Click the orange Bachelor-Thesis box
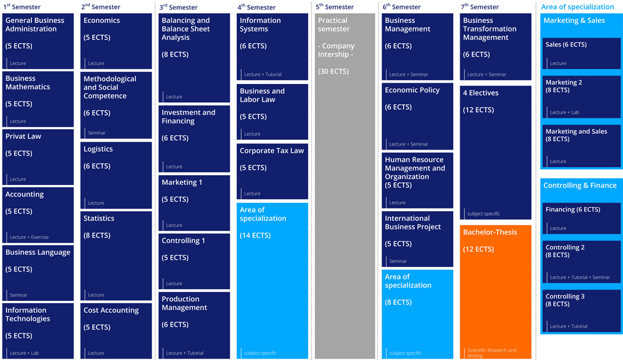click(x=495, y=292)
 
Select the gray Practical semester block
click(x=345, y=186)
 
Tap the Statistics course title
click(x=99, y=218)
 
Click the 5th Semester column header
click(x=334, y=7)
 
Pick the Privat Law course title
click(x=23, y=136)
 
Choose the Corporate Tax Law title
click(x=271, y=151)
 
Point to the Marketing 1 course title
click(x=182, y=182)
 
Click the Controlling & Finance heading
click(x=580, y=186)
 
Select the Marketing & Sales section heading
click(x=574, y=20)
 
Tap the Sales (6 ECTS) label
click(x=566, y=45)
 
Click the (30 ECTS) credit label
click(x=333, y=71)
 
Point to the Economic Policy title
click(x=412, y=90)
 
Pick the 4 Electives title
click(x=481, y=93)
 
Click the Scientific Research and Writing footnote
click(x=491, y=353)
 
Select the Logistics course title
click(x=98, y=149)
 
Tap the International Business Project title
click(x=407, y=222)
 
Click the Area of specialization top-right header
click(x=577, y=7)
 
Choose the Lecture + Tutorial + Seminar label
click(x=580, y=277)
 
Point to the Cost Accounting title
click(x=111, y=310)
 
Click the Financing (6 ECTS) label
click(x=573, y=210)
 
